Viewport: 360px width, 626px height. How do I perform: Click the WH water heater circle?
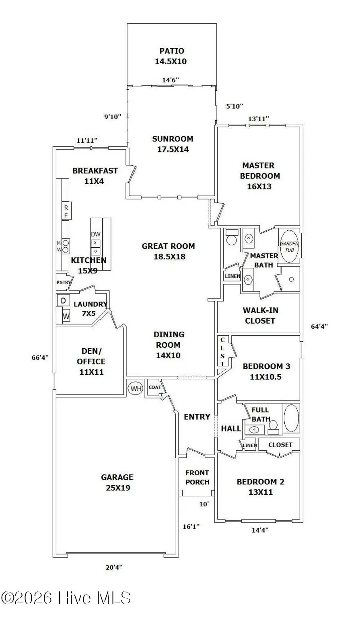pos(136,388)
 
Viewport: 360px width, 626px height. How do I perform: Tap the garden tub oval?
pos(289,246)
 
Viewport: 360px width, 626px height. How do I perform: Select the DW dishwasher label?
pos(96,234)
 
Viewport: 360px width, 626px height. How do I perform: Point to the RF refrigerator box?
pos(66,211)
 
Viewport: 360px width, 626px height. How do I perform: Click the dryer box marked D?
pos(64,301)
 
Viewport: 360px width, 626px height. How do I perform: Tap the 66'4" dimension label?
pos(40,357)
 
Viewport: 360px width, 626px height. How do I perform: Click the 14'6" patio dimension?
pos(171,80)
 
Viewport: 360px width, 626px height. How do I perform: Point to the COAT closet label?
pos(155,387)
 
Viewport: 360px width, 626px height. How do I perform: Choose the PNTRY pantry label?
pos(64,282)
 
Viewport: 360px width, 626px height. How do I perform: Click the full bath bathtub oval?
pos(291,419)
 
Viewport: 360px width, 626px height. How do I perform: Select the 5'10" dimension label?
pos(235,106)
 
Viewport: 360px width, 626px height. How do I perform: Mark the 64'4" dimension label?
pos(319,326)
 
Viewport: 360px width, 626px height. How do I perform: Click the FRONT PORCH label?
pos(197,477)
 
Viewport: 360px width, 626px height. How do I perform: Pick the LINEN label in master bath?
pos(232,276)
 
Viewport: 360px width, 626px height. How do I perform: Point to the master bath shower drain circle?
pos(291,279)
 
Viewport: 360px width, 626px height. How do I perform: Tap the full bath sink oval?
pos(255,429)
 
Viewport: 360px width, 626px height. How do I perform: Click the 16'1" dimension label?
pos(191,527)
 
